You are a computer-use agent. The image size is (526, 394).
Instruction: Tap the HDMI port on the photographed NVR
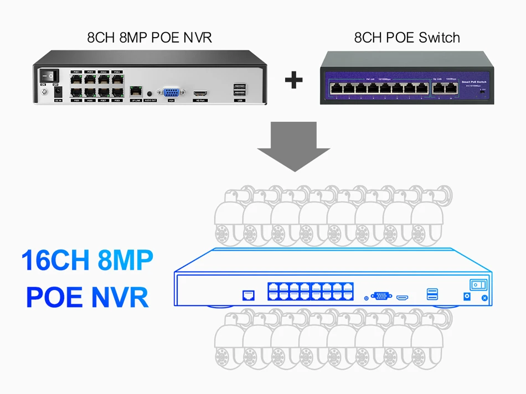pos(200,93)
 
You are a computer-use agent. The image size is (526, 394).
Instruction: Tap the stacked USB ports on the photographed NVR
pos(240,90)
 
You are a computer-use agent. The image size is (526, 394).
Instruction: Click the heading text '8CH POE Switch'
pos(407,38)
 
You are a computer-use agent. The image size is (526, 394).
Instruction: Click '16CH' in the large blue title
pos(55,261)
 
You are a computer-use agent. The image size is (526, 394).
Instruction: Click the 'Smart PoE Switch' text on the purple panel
pos(473,81)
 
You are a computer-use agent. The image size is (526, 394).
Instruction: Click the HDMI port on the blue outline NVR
pos(403,297)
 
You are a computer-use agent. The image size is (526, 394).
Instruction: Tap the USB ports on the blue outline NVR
pos(432,294)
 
